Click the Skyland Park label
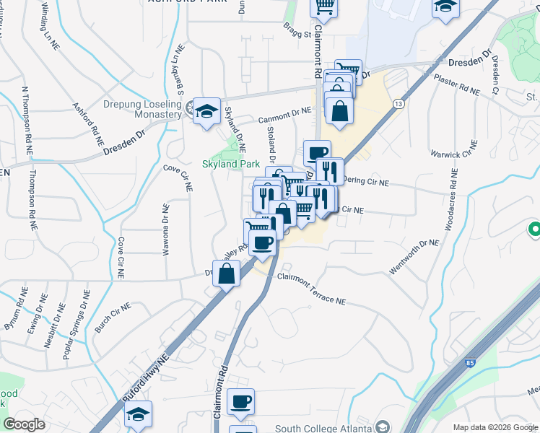point(230,164)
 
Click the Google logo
point(24,424)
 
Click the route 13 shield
point(398,105)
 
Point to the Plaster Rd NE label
point(457,87)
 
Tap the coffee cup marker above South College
point(240,401)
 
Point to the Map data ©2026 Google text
point(495,427)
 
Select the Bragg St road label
point(297,32)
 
